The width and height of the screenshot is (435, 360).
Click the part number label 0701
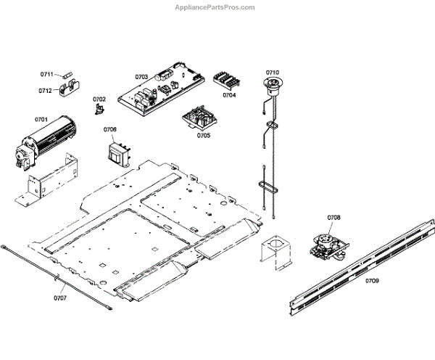pyautogui.click(x=41, y=118)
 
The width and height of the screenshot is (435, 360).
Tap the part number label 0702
pyautogui.click(x=99, y=99)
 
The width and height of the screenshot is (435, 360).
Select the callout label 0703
pyautogui.click(x=141, y=76)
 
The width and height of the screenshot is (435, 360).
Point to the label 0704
pyautogui.click(x=229, y=95)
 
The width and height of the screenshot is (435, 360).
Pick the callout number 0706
pyautogui.click(x=109, y=129)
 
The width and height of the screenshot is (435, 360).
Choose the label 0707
pyautogui.click(x=59, y=298)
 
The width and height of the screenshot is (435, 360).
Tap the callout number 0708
pyautogui.click(x=333, y=217)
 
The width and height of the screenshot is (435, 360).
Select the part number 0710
pyautogui.click(x=272, y=73)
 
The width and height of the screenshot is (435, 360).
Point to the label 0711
pyautogui.click(x=46, y=75)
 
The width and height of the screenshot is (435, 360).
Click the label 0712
pyautogui.click(x=45, y=91)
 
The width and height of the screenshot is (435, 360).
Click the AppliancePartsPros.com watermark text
pyautogui.click(x=215, y=7)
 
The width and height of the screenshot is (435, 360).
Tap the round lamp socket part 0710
pyautogui.click(x=273, y=87)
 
